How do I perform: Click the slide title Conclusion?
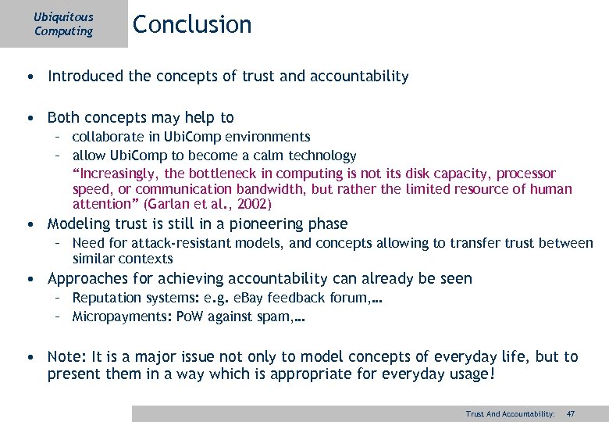[x=192, y=24]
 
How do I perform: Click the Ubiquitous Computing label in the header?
[x=63, y=23]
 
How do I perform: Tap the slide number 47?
[x=571, y=413]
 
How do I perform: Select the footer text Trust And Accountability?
[x=510, y=413]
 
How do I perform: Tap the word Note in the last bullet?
[x=64, y=356]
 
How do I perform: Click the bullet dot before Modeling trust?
[x=28, y=224]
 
